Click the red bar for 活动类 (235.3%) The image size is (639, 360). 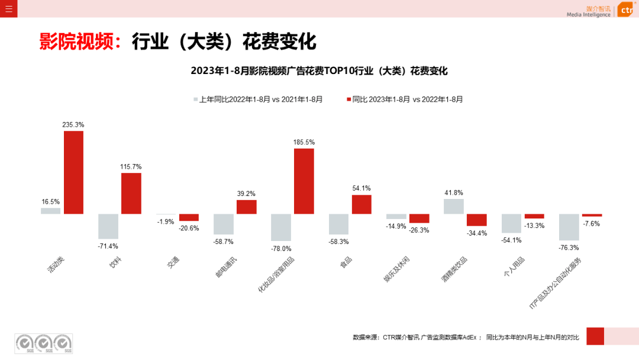click(73, 172)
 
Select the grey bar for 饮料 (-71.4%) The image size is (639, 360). click(108, 226)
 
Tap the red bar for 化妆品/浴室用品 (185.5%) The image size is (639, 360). click(304, 181)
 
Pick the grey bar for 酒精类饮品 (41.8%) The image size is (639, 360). click(453, 206)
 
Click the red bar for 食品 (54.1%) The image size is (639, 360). click(362, 204)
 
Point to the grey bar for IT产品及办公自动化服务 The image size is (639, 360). click(569, 227)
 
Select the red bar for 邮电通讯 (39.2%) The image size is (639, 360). click(246, 207)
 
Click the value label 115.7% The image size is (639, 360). click(131, 166)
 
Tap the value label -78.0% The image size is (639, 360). click(281, 249)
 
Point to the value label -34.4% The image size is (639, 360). click(476, 233)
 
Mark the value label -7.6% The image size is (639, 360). click(592, 224)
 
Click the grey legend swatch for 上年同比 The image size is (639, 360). click(195, 99)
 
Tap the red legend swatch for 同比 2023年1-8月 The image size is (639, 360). click(348, 99)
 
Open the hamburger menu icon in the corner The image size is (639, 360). click(8, 8)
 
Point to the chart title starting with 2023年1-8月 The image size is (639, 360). click(319, 70)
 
